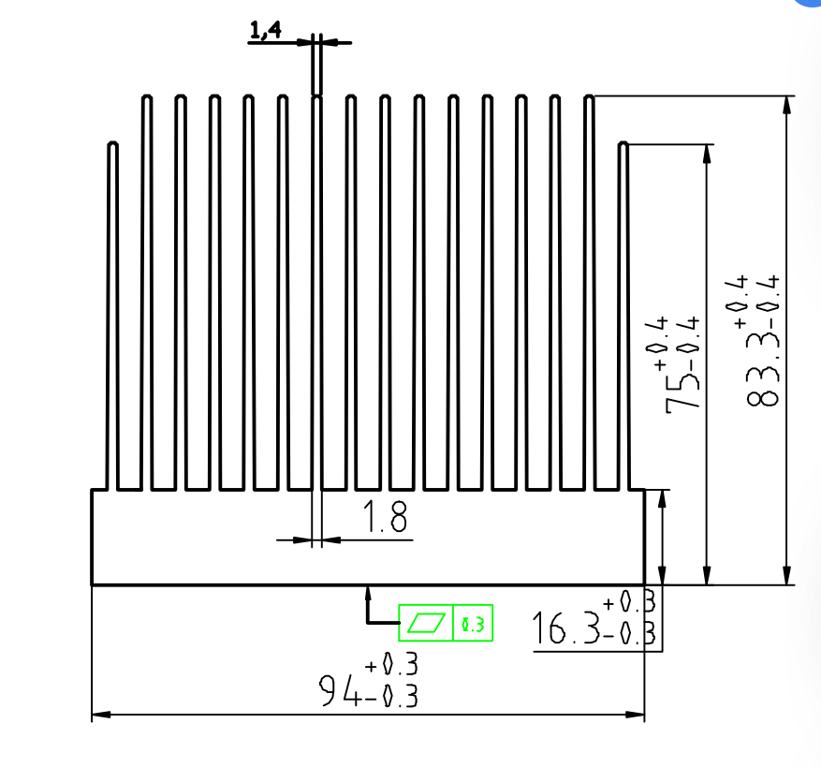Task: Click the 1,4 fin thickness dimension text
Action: [266, 30]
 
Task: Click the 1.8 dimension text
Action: [385, 517]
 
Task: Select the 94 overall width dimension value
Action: [338, 690]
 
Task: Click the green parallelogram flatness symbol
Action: [426, 623]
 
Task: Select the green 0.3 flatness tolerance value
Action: [473, 624]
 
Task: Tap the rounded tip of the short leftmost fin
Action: [112, 143]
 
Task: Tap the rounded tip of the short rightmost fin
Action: [623, 143]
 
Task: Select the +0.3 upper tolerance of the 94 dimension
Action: [391, 664]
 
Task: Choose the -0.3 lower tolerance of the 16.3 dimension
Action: [629, 633]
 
